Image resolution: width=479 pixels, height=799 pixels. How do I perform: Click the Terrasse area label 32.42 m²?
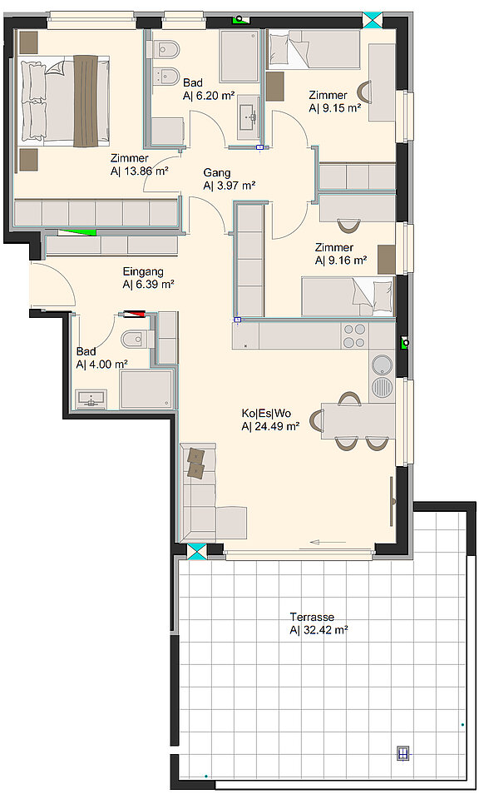[x=319, y=630]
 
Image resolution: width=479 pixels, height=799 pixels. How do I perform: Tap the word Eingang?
[x=143, y=271]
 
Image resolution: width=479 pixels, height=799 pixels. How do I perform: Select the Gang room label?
[x=217, y=173]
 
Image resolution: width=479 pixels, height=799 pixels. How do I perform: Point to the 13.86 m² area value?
[x=140, y=171]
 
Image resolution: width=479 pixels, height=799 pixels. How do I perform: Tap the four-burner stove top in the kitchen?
[x=354, y=335]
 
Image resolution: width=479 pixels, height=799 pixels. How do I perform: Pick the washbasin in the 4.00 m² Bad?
[x=91, y=399]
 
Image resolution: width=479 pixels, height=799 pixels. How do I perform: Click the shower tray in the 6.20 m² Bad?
[x=239, y=56]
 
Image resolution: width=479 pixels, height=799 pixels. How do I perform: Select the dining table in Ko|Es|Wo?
[x=358, y=420]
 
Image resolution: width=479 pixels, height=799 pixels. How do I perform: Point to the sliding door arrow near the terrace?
[x=328, y=542]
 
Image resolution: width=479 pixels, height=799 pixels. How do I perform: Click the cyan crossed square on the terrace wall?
[x=196, y=552]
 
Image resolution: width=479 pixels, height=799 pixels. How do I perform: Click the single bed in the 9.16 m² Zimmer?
[x=348, y=296]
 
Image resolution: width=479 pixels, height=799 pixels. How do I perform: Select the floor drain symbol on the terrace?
[x=403, y=753]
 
